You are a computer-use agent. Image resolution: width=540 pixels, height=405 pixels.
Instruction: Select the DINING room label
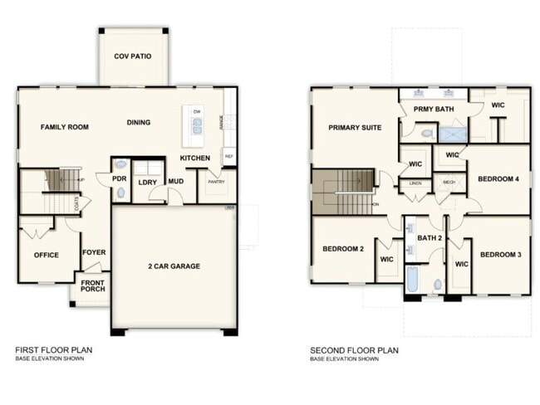point(139,123)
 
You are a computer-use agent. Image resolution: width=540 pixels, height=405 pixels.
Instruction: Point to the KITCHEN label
point(195,158)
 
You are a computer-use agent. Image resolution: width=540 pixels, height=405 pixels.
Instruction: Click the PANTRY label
point(216,181)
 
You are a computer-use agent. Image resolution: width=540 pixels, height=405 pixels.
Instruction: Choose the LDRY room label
point(148,183)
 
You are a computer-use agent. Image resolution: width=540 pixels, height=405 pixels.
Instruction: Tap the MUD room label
point(176,182)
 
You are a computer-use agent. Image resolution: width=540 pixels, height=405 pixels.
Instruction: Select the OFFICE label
point(46,255)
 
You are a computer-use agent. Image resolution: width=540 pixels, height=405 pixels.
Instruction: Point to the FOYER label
point(93,252)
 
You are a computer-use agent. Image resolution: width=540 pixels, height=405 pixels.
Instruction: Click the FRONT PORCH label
point(92,287)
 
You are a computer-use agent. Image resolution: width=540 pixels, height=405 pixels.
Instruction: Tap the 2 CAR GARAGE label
point(174,266)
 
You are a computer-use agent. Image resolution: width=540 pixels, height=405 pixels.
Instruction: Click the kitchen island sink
point(198,126)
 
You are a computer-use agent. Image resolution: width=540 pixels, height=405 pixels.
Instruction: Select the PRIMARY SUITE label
point(355,128)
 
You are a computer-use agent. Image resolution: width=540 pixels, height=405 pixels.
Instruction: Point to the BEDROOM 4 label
point(498,179)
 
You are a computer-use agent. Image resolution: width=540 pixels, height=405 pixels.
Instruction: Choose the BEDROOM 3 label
point(501,254)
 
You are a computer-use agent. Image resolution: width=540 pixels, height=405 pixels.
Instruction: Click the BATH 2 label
point(430,238)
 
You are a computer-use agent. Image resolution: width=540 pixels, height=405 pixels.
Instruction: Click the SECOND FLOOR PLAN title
point(354,350)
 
